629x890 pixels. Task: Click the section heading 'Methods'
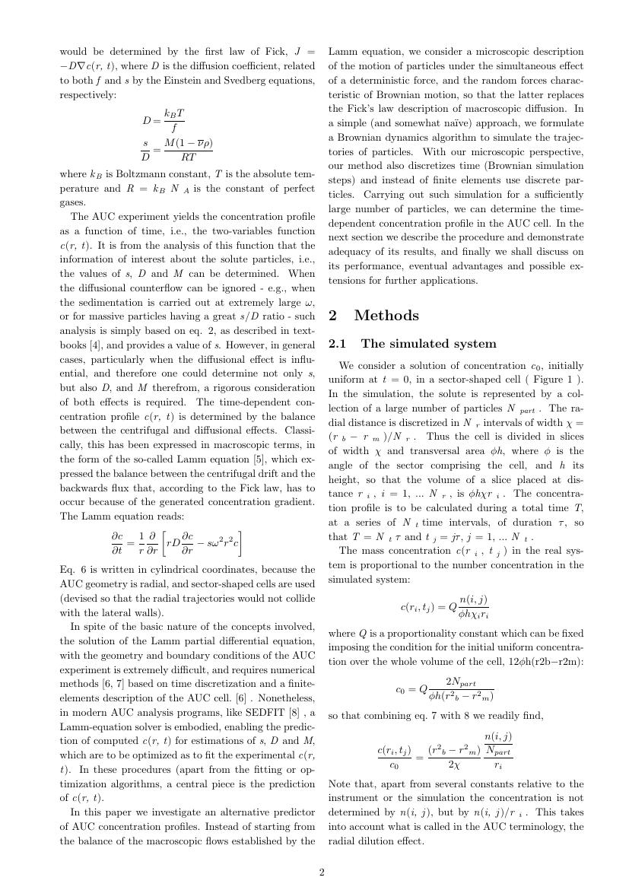point(386,315)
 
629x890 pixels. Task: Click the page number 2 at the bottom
point(322,872)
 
